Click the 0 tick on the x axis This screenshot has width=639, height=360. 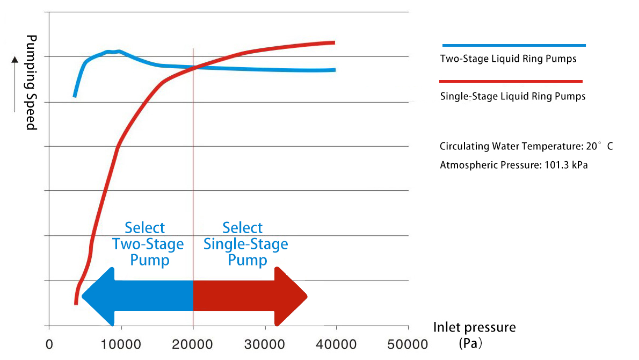tap(49, 344)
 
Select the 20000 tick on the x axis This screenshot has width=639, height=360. tap(193, 344)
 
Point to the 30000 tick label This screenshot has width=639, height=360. tap(265, 344)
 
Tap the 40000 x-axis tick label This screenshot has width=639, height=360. tap(337, 344)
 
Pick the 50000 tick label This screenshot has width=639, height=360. tap(409, 344)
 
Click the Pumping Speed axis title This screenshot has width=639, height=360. tap(31, 82)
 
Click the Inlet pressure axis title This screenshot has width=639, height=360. tap(474, 327)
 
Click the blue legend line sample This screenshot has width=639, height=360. tap(513, 46)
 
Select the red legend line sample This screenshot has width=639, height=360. tap(511, 82)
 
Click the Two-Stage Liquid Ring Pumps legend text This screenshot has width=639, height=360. tap(508, 59)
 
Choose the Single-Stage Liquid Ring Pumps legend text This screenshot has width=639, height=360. tap(512, 97)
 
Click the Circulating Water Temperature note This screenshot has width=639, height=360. tap(526, 146)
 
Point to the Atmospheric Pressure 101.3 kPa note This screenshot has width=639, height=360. tap(513, 165)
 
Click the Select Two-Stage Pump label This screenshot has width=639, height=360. tap(147, 244)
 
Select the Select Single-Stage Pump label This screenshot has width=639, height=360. tap(245, 244)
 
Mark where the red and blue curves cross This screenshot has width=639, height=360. tap(194, 68)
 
